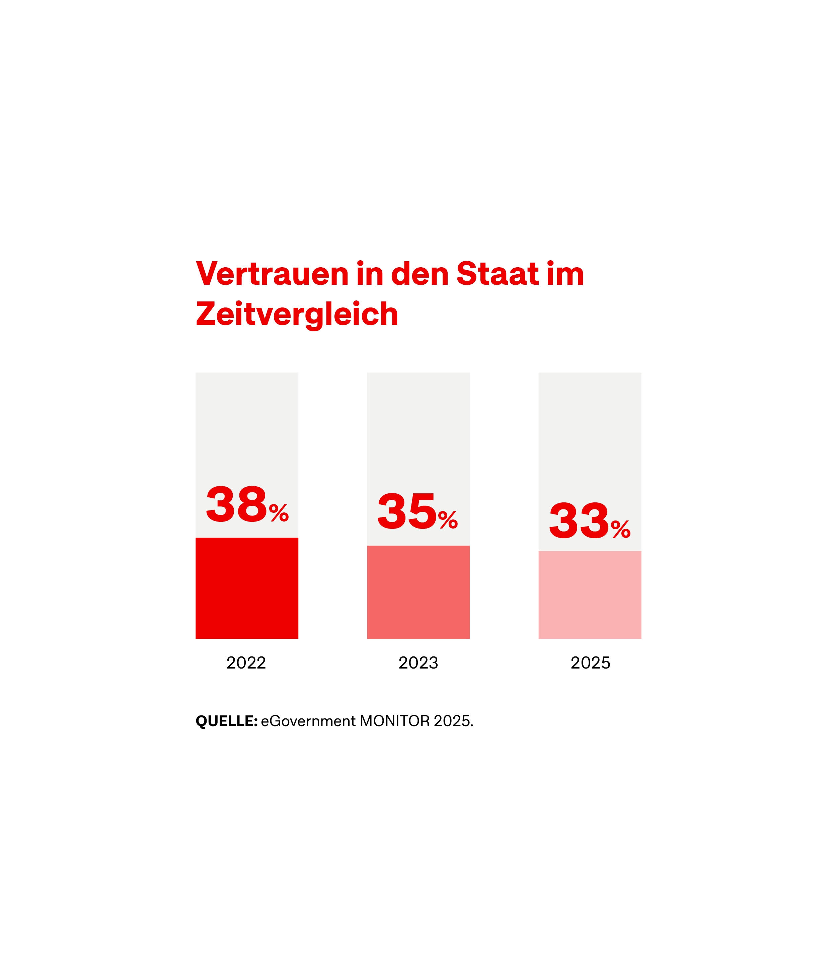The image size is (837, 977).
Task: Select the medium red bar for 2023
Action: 418,592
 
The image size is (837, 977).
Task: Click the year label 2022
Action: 246,663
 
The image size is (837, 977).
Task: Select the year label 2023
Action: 418,663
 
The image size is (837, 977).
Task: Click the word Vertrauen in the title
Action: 272,274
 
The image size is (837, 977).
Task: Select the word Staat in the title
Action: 497,274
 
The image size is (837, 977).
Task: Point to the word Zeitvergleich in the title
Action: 297,315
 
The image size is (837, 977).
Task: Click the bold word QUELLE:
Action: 226,721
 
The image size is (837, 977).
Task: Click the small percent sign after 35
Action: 448,519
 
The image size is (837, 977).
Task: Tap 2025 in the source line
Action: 452,721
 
